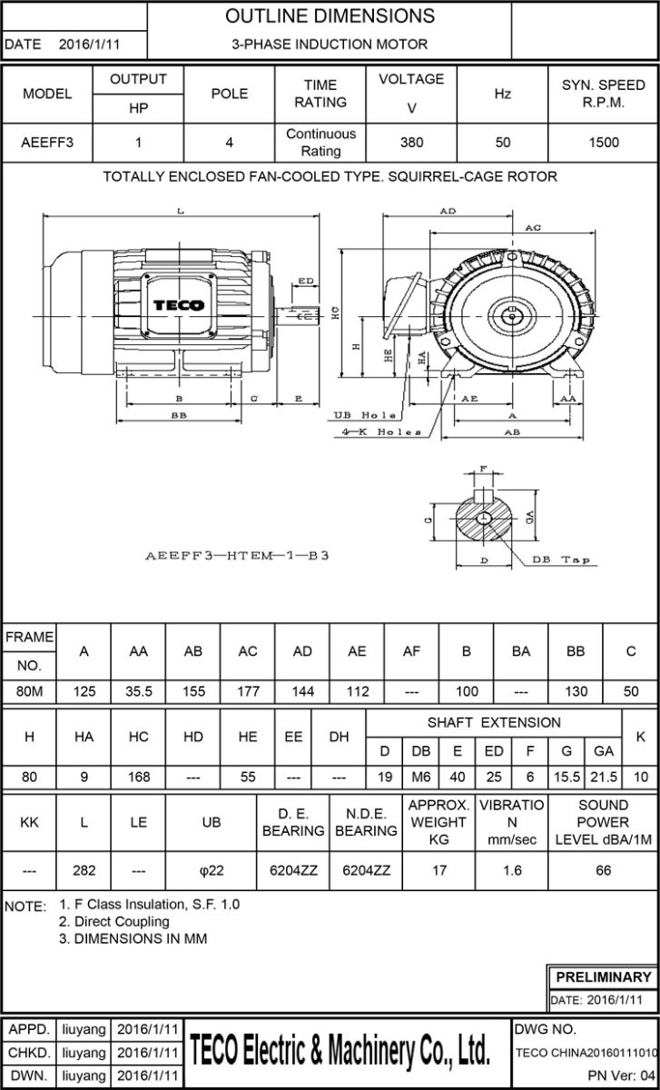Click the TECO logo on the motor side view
pos(178,305)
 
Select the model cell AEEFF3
pos(47,143)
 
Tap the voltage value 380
pos(411,143)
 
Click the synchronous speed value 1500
pos(603,143)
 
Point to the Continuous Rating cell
pos(320,143)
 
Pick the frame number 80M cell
pos(30,691)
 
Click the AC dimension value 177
pos(248,691)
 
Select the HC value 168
pos(138,778)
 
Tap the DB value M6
pos(421,778)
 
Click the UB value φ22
pos(211,870)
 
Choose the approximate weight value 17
pos(438,870)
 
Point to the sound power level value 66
pos(603,870)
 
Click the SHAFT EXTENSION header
pos(494,723)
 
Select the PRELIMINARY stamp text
pos(603,977)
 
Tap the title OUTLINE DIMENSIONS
pos(330,16)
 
